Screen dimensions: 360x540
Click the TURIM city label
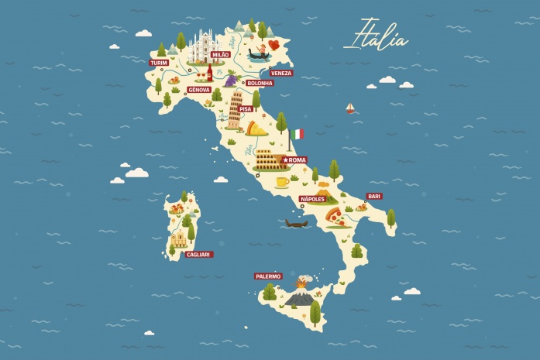pyautogui.click(x=158, y=62)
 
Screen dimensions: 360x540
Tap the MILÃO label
pyautogui.click(x=220, y=55)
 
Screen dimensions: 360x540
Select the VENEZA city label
pyautogui.click(x=281, y=73)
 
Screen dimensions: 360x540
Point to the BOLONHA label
pyautogui.click(x=260, y=82)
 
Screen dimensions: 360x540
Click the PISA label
pyautogui.click(x=246, y=109)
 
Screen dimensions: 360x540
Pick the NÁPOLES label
pyautogui.click(x=314, y=199)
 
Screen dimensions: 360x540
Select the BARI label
pyautogui.click(x=374, y=196)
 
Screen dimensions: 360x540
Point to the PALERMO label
pyautogui.click(x=268, y=276)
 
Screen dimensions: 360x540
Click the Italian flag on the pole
pyautogui.click(x=298, y=134)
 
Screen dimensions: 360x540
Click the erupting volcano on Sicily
pyautogui.click(x=301, y=293)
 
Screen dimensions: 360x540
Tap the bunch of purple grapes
pyautogui.click(x=230, y=78)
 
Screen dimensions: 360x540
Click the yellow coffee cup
pyautogui.click(x=282, y=182)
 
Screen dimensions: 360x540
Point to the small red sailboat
pyautogui.click(x=350, y=108)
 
